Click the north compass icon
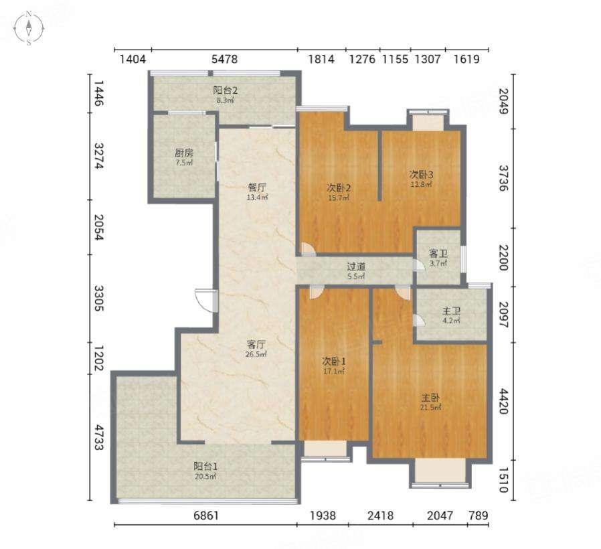(29, 28)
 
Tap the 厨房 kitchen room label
(184, 153)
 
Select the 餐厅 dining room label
(257, 187)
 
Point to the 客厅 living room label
(256, 344)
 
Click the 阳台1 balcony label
(205, 466)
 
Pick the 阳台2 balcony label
(225, 90)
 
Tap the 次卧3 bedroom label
(421, 175)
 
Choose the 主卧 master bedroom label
(430, 398)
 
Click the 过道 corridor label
(355, 266)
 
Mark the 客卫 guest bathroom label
(438, 254)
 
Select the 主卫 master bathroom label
(451, 311)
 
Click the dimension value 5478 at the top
(225, 59)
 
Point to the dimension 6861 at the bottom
(206, 516)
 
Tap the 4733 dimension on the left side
(98, 437)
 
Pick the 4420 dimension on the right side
(503, 401)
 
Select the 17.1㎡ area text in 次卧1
(333, 371)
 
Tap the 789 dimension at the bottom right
(479, 516)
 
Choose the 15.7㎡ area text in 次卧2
(339, 198)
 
